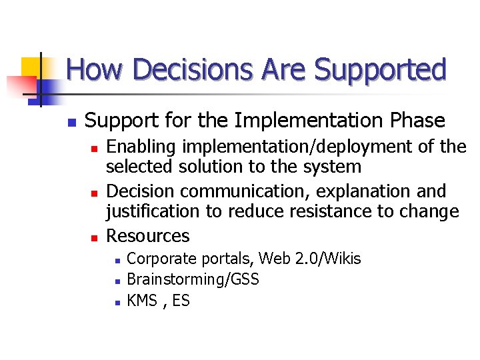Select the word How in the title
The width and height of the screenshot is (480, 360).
(90, 70)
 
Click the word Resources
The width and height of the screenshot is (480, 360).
(148, 235)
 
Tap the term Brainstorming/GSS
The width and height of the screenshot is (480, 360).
(193, 279)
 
